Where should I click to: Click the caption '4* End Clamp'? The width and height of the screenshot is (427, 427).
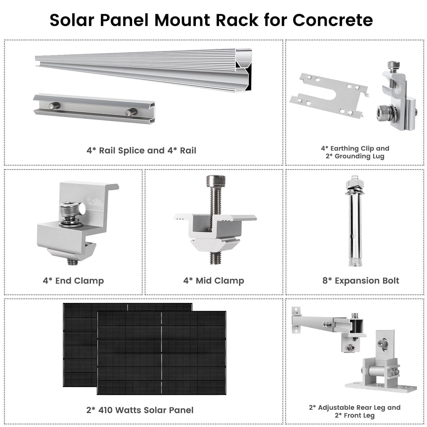click(73, 281)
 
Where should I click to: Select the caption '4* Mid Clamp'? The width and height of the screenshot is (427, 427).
click(213, 281)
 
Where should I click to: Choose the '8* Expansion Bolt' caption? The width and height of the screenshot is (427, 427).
click(361, 281)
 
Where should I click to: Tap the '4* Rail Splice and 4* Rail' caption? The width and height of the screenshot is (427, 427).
click(141, 150)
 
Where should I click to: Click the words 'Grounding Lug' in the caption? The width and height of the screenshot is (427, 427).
click(360, 156)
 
